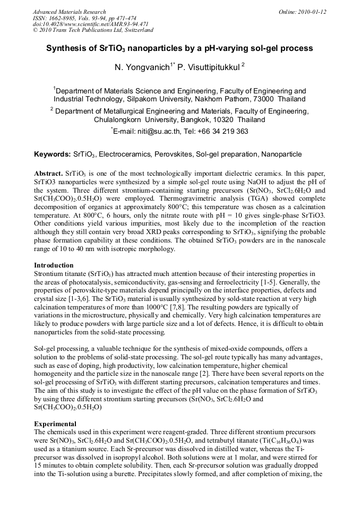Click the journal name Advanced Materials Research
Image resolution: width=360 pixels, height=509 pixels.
69,12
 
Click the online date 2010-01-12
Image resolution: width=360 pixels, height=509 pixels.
312,12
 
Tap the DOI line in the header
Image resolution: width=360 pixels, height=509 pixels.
90,24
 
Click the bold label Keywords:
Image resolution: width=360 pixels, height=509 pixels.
52,154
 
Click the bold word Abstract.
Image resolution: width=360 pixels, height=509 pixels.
48,174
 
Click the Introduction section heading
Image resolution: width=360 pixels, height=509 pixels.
54,265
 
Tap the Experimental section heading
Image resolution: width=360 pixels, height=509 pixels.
55,424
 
